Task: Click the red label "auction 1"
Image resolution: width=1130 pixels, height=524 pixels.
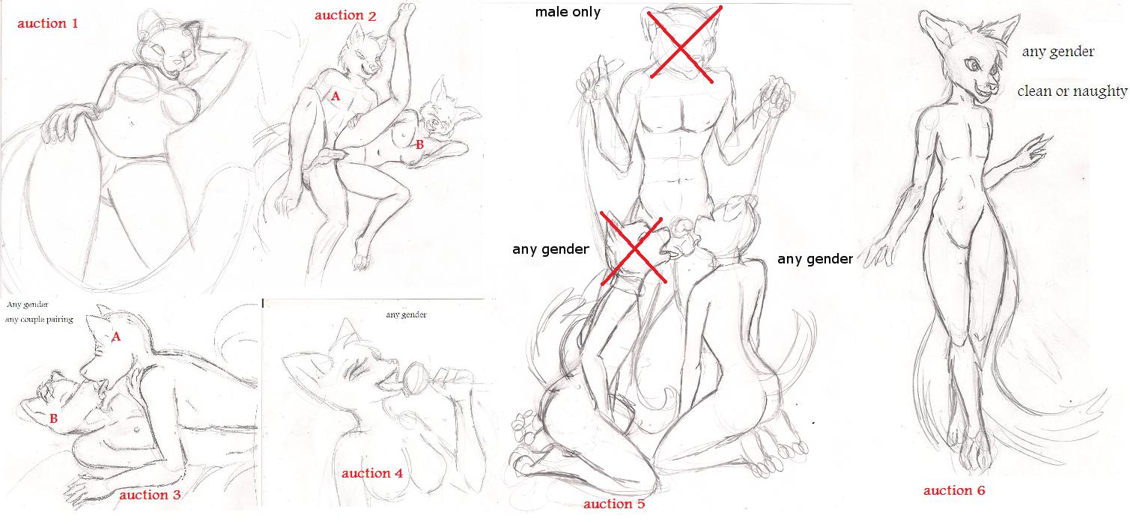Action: click(48, 23)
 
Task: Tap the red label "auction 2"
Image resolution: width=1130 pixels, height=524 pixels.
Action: click(345, 15)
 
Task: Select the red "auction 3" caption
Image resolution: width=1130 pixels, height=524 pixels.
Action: click(150, 495)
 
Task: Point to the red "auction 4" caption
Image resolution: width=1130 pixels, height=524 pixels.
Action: click(372, 473)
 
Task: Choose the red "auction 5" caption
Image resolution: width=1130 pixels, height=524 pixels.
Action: click(614, 503)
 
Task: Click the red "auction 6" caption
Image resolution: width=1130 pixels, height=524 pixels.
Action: click(954, 490)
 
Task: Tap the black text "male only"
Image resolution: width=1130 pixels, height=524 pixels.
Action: click(568, 11)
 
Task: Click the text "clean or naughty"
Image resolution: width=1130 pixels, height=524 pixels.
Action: click(1072, 91)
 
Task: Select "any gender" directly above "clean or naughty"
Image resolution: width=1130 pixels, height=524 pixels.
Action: click(1058, 52)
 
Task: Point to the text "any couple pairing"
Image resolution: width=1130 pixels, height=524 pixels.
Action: click(39, 319)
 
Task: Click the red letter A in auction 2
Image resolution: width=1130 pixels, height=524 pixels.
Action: click(335, 96)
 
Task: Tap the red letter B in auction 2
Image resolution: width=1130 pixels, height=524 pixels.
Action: click(419, 144)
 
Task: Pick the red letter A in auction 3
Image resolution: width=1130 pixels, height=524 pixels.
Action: click(116, 336)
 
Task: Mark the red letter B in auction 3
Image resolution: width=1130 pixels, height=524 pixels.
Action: click(53, 418)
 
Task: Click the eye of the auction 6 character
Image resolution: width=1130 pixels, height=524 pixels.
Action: click(971, 64)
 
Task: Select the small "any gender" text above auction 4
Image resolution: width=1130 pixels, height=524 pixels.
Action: click(406, 314)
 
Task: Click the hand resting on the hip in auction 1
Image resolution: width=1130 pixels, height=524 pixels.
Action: click(68, 122)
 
